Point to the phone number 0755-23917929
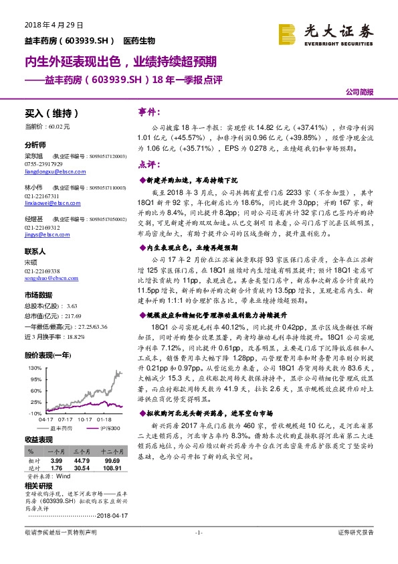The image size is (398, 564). pos(43,163)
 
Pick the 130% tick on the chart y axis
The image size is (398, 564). pos(33,368)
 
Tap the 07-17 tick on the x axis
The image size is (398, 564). pos(68,420)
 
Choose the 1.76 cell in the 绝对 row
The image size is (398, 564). pos(58,468)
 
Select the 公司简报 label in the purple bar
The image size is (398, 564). pos(361,92)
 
